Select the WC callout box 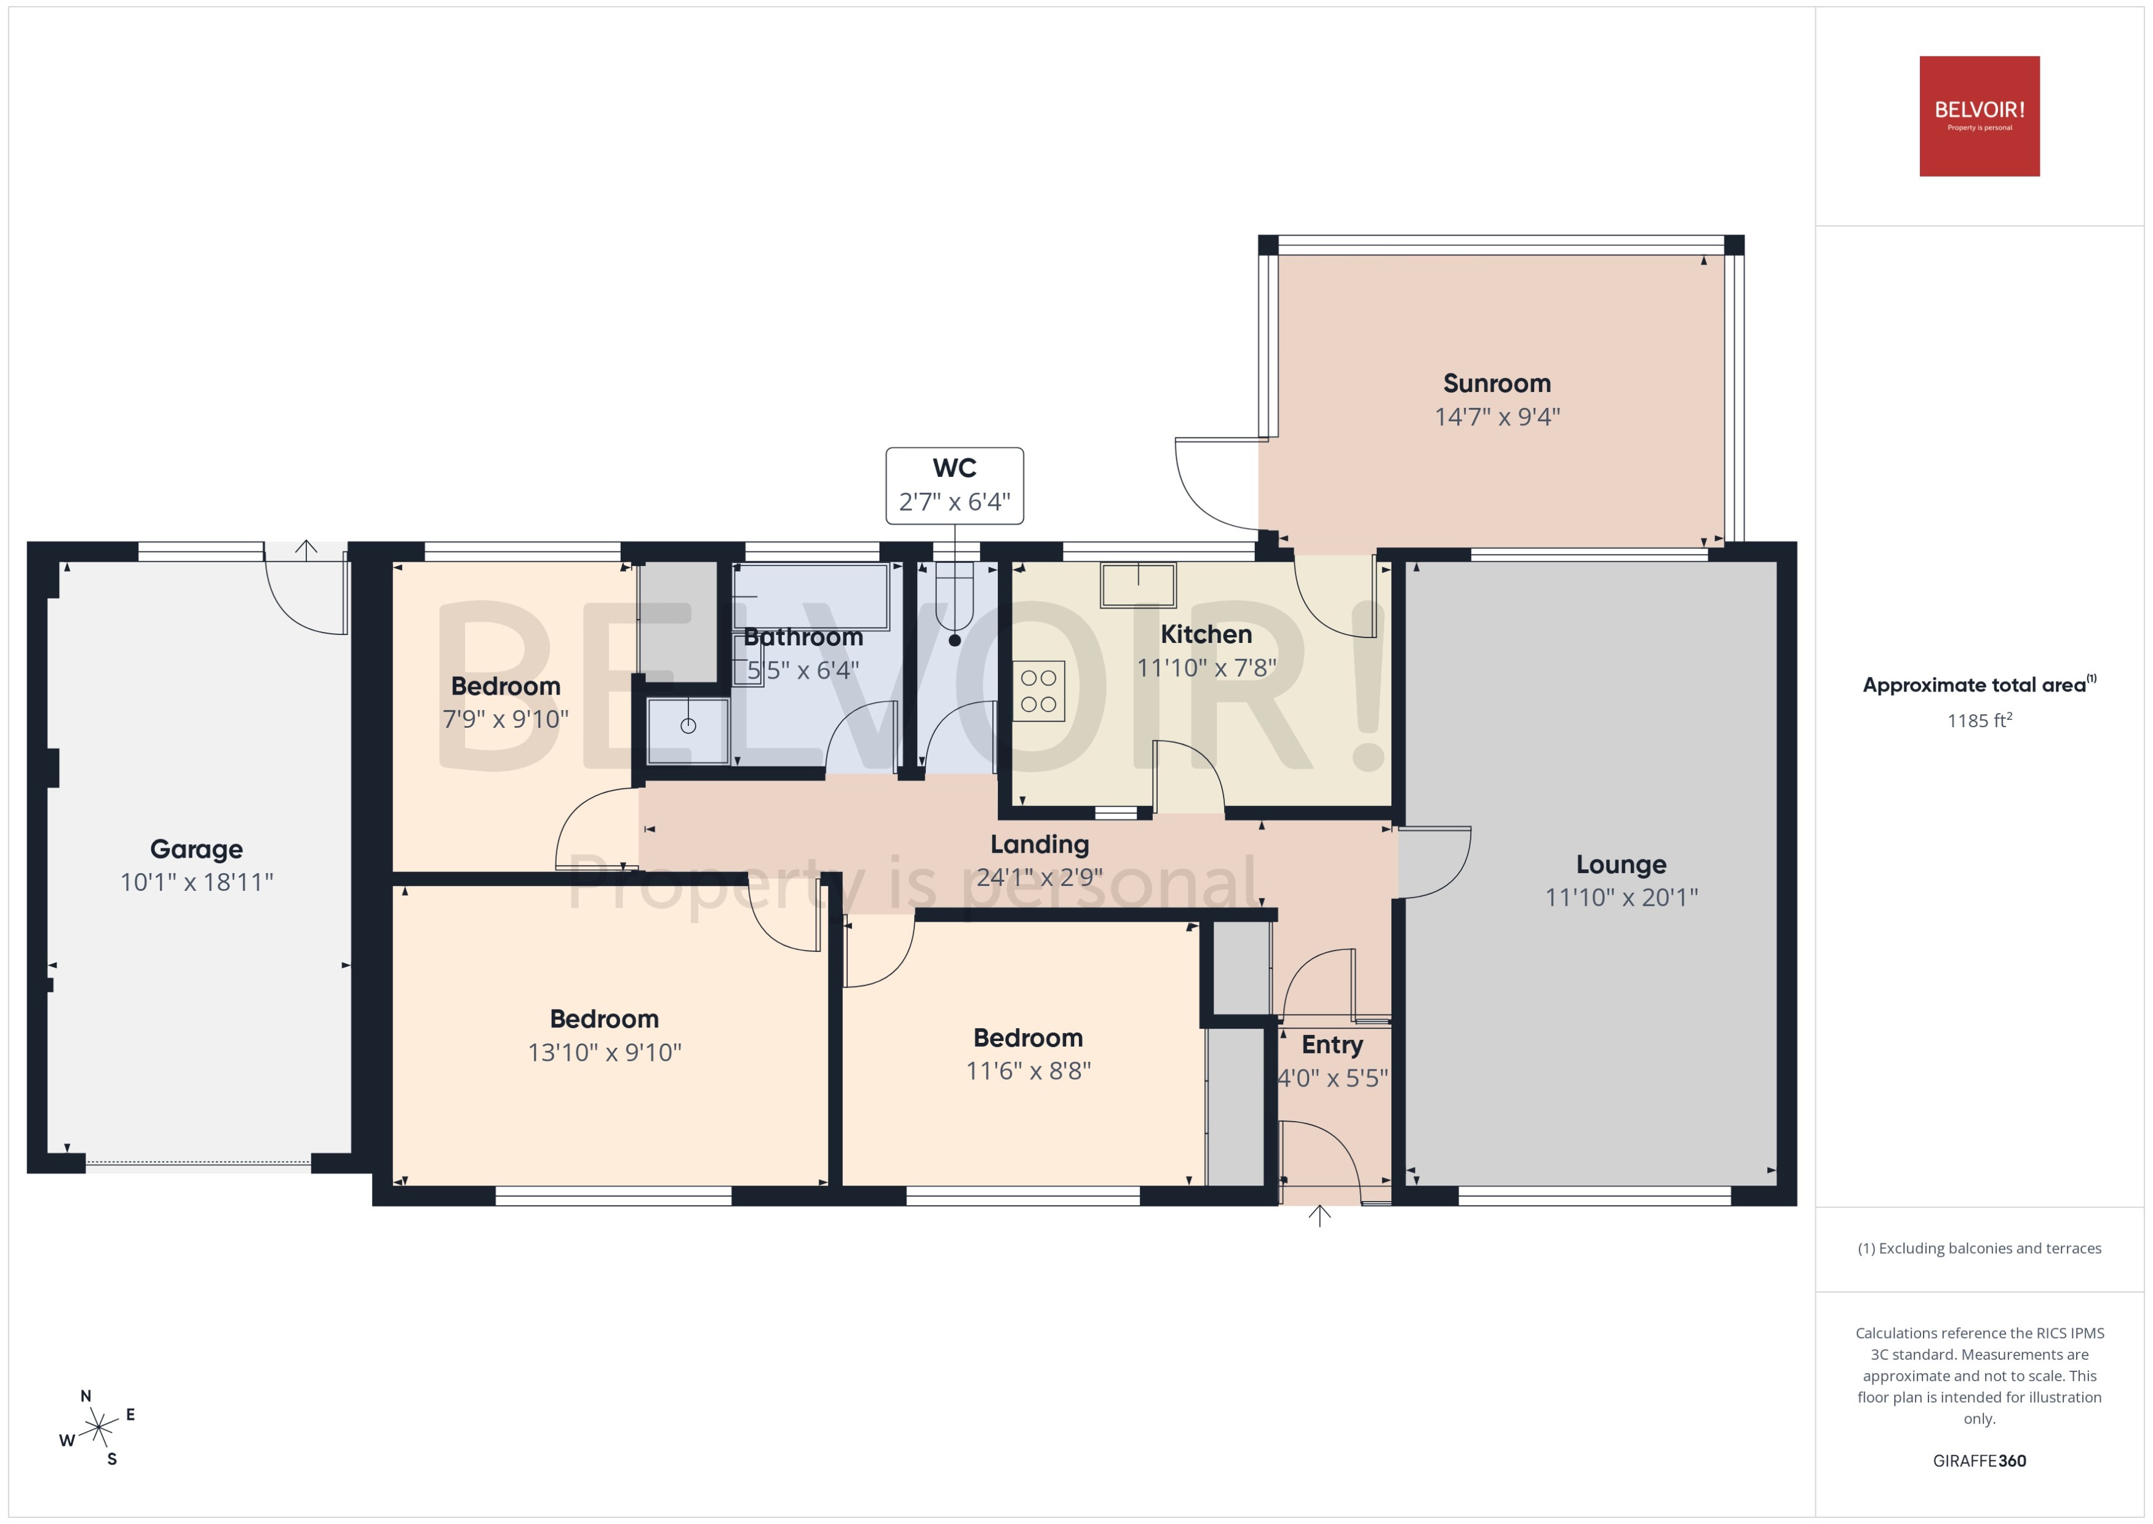click(954, 485)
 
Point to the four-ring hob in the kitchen click(1038, 691)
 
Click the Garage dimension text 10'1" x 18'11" click(196, 882)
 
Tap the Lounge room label click(1621, 864)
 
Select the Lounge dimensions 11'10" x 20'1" click(1621, 897)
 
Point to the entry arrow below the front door click(1319, 1216)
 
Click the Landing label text click(1040, 845)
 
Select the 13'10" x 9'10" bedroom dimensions click(604, 1052)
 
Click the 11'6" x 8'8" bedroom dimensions click(1028, 1071)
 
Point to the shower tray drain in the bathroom click(688, 725)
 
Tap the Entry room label click(1332, 1045)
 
